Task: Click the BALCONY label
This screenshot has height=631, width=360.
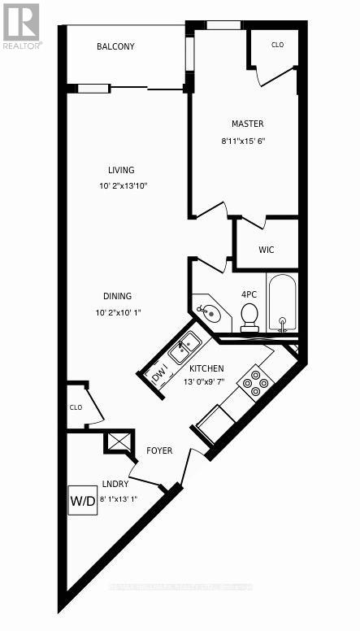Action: pos(115,47)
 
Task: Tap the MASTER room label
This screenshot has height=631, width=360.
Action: pos(247,124)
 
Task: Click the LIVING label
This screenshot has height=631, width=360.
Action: pos(121,170)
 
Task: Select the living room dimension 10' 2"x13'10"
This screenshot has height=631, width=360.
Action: pos(121,186)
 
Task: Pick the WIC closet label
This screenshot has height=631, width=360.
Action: pos(265,250)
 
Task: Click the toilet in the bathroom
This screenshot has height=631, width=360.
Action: pos(249,315)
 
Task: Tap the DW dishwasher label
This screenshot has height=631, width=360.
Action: pos(160,376)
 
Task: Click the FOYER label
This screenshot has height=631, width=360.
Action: pos(159,450)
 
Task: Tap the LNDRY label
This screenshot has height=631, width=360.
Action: pos(115,484)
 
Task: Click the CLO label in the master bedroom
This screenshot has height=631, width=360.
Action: pos(277,46)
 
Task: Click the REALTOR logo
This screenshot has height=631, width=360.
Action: pos(20,27)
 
